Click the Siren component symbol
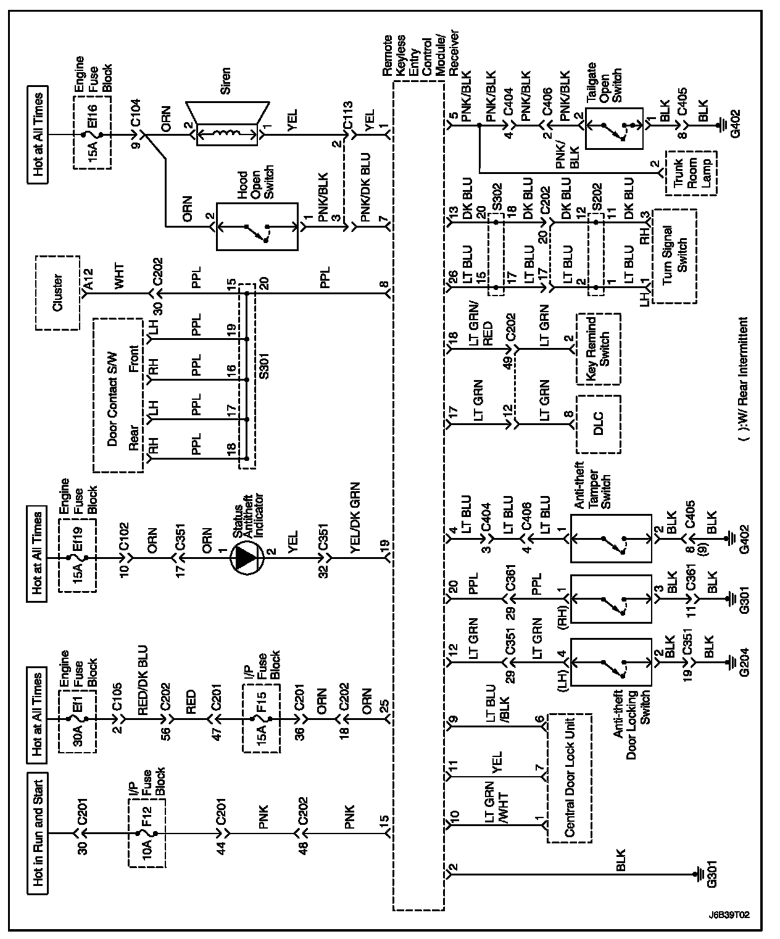point(226,131)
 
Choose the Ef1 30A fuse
point(78,719)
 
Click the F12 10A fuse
point(147,834)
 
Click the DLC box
point(597,424)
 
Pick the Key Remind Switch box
point(598,349)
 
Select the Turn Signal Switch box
point(674,255)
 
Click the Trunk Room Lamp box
point(691,172)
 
